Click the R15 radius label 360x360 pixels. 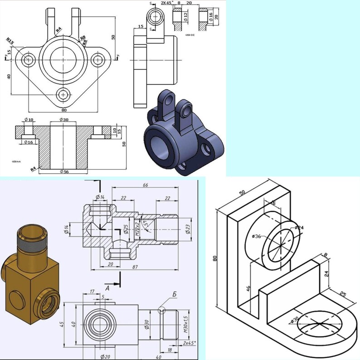tap(10, 41)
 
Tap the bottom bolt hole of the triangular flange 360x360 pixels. tap(63, 94)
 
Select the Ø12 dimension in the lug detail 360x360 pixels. tap(185, 17)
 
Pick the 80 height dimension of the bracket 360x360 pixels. tap(214, 258)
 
